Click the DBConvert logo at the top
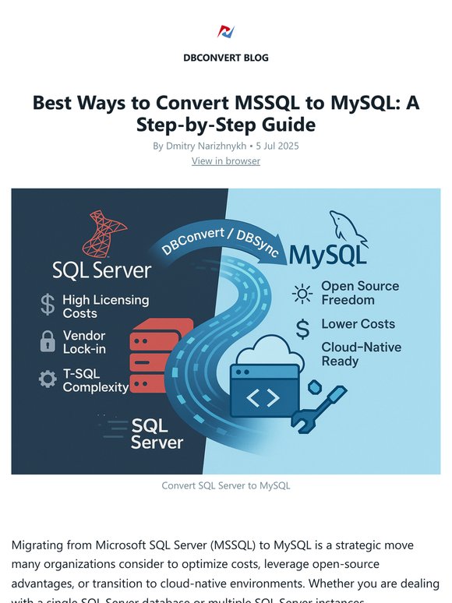226,32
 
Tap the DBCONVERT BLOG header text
226,58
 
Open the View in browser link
226,160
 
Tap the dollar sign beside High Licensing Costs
48,305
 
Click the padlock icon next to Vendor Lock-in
48,341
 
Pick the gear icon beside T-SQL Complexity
48,379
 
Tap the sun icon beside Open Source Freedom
301,294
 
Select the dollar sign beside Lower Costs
302,330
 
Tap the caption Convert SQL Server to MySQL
226,485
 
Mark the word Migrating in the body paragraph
39,545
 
